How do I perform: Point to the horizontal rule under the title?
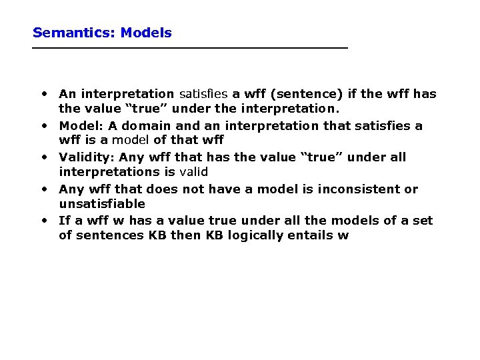pyautogui.click(x=190, y=48)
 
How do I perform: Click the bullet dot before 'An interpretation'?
pyautogui.click(x=43, y=93)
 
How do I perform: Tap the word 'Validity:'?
pyautogui.click(x=87, y=157)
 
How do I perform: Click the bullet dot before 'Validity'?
pyautogui.click(x=43, y=157)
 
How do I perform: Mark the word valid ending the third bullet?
pyautogui.click(x=194, y=172)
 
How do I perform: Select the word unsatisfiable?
pyautogui.click(x=102, y=204)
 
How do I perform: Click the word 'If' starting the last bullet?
pyautogui.click(x=65, y=221)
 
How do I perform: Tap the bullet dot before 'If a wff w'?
pyautogui.click(x=43, y=220)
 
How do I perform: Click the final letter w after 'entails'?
pyautogui.click(x=343, y=236)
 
